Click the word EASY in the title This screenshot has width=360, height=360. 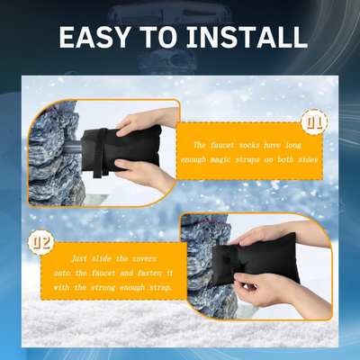97,39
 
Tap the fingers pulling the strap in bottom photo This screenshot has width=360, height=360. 270,292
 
